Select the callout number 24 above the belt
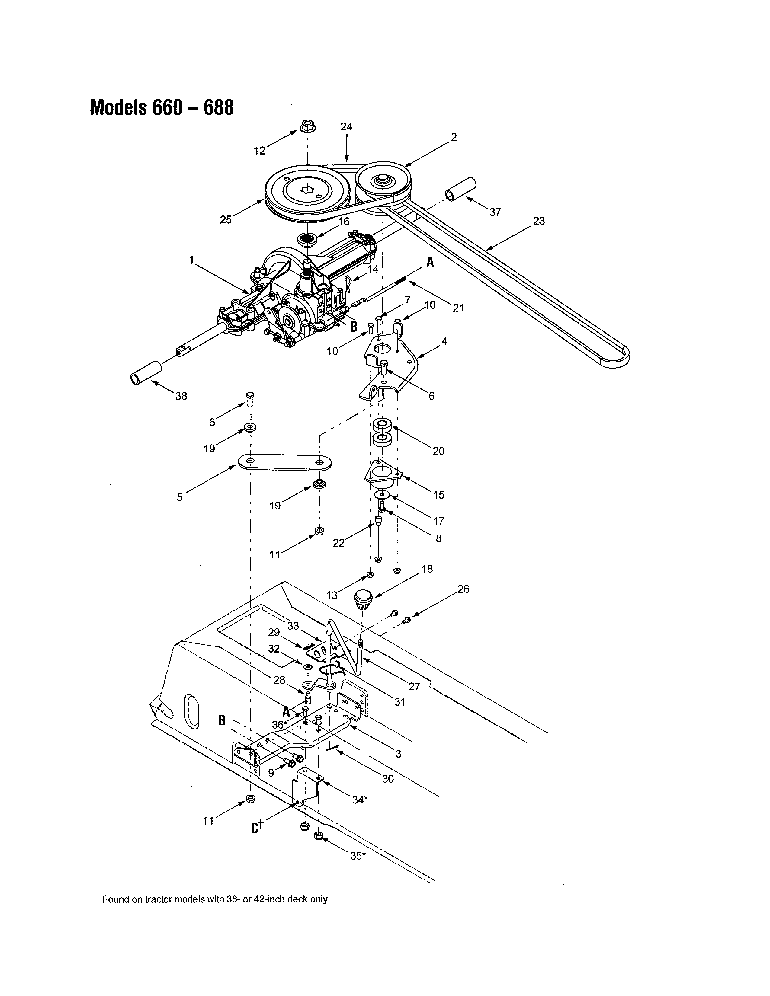346,127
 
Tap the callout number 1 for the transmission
191,260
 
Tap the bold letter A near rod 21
429,262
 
